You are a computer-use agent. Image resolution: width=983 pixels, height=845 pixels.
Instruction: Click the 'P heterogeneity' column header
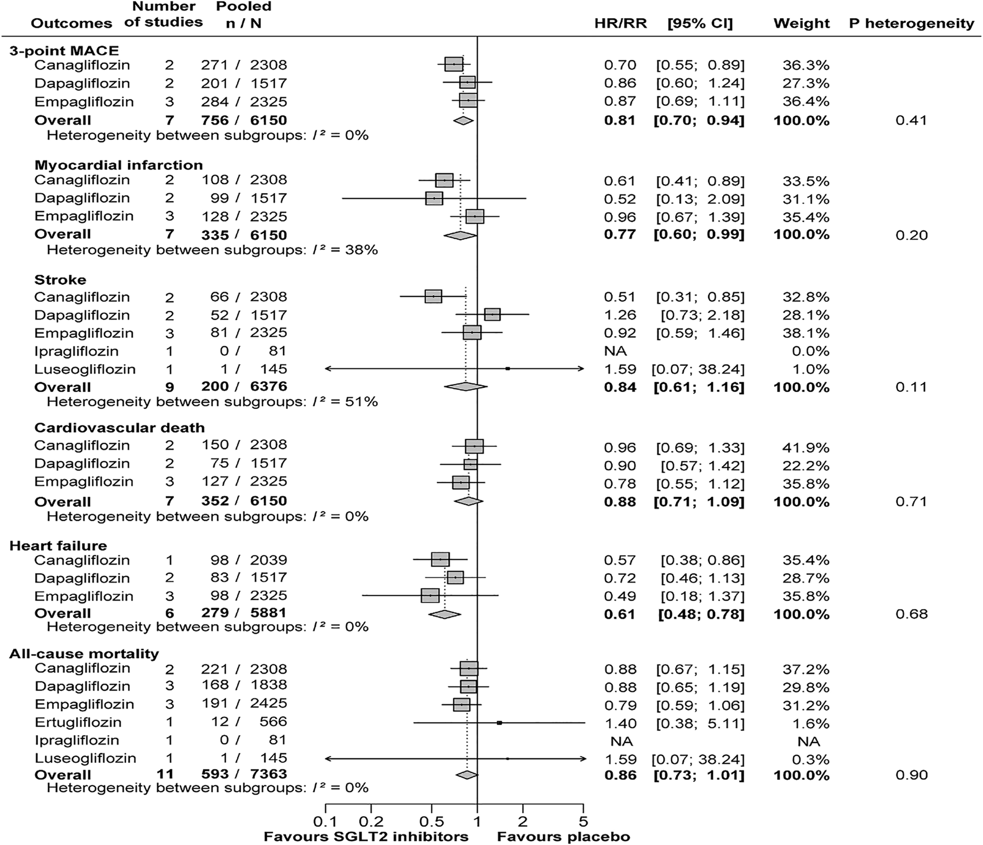(x=911, y=23)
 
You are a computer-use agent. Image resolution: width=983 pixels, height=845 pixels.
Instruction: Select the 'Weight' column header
(x=801, y=23)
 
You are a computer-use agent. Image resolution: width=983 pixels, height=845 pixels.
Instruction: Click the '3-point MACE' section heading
(x=64, y=50)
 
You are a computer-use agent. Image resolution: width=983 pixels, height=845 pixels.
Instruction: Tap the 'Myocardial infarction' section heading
(x=118, y=165)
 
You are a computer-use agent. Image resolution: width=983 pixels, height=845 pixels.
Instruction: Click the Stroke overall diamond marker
(x=466, y=386)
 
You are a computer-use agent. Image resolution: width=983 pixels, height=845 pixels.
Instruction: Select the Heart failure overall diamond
(x=444, y=614)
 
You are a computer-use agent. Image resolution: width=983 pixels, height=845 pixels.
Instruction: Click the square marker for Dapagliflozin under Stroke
(x=492, y=314)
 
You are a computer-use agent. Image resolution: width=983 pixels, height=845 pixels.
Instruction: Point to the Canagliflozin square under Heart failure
(x=440, y=559)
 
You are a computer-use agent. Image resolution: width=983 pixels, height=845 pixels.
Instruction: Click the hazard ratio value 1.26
(x=620, y=315)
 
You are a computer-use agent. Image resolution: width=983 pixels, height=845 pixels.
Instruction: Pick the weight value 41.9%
(x=806, y=447)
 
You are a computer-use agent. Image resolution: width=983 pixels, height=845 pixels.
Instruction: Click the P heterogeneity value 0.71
(x=911, y=502)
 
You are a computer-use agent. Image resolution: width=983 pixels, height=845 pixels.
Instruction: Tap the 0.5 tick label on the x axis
(x=432, y=821)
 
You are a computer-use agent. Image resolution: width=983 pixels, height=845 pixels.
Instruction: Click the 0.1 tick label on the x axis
(x=326, y=821)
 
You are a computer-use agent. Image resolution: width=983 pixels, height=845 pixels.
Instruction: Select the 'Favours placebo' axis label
(x=563, y=837)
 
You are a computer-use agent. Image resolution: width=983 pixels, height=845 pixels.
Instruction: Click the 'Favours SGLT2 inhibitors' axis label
(x=366, y=837)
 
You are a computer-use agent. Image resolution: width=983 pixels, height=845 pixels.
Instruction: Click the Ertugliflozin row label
(x=78, y=722)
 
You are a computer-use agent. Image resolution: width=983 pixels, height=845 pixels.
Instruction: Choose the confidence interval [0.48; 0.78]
(x=701, y=614)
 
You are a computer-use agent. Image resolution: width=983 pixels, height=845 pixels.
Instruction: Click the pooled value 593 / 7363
(x=244, y=774)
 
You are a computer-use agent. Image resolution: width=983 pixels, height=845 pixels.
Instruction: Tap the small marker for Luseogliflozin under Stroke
(x=508, y=368)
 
